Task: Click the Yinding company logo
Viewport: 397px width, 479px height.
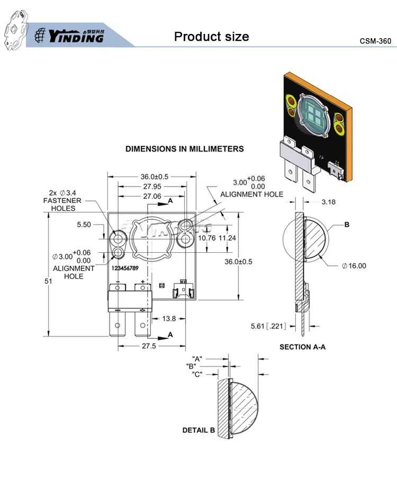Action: pyautogui.click(x=69, y=36)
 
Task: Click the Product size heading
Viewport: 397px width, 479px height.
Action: pyautogui.click(x=212, y=37)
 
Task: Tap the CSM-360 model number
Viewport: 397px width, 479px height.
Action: pyautogui.click(x=375, y=41)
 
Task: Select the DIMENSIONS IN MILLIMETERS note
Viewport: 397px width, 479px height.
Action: pyautogui.click(x=185, y=149)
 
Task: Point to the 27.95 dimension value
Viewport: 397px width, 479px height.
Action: pyautogui.click(x=152, y=187)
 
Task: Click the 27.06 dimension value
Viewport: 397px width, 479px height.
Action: pyautogui.click(x=152, y=196)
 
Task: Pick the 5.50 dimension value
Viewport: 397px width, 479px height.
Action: pyautogui.click(x=84, y=225)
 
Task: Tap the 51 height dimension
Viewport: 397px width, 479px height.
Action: pyautogui.click(x=48, y=281)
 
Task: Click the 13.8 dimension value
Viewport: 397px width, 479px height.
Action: pyautogui.click(x=169, y=318)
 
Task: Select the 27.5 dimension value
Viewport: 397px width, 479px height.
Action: pyautogui.click(x=149, y=346)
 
